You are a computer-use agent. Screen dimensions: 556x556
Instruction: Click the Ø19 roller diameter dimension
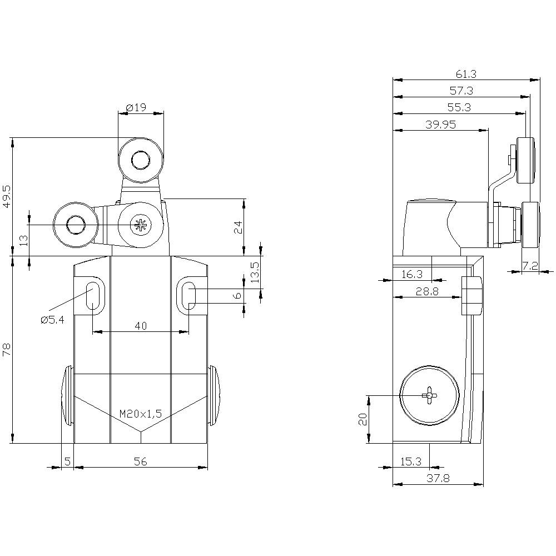[x=136, y=107]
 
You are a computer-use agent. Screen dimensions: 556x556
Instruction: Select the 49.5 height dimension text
[x=8, y=196]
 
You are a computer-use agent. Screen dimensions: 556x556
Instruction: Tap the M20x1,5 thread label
[x=141, y=414]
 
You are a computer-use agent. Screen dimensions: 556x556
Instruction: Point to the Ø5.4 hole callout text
[x=52, y=320]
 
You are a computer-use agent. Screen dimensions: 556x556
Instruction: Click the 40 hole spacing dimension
[x=141, y=325]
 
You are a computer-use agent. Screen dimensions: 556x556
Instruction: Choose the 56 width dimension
[x=141, y=461]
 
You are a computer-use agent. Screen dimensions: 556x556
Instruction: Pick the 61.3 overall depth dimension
[x=466, y=74]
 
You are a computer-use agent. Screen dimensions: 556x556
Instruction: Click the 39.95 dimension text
[x=441, y=125]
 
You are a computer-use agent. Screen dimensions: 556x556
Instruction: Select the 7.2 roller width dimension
[x=530, y=266]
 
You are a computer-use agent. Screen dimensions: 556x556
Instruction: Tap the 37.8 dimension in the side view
[x=438, y=478]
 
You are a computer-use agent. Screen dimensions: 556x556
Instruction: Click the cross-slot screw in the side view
[x=429, y=395]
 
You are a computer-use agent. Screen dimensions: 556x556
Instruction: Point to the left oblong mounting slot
[x=93, y=296]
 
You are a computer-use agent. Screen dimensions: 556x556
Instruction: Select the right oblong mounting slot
[x=188, y=296]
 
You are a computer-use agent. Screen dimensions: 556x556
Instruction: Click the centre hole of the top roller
[x=141, y=160]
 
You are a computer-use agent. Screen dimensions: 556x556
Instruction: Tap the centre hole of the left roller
[x=75, y=225]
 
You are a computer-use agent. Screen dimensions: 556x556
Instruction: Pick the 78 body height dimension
[x=8, y=349]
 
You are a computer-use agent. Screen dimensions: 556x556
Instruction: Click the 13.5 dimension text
[x=255, y=272]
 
